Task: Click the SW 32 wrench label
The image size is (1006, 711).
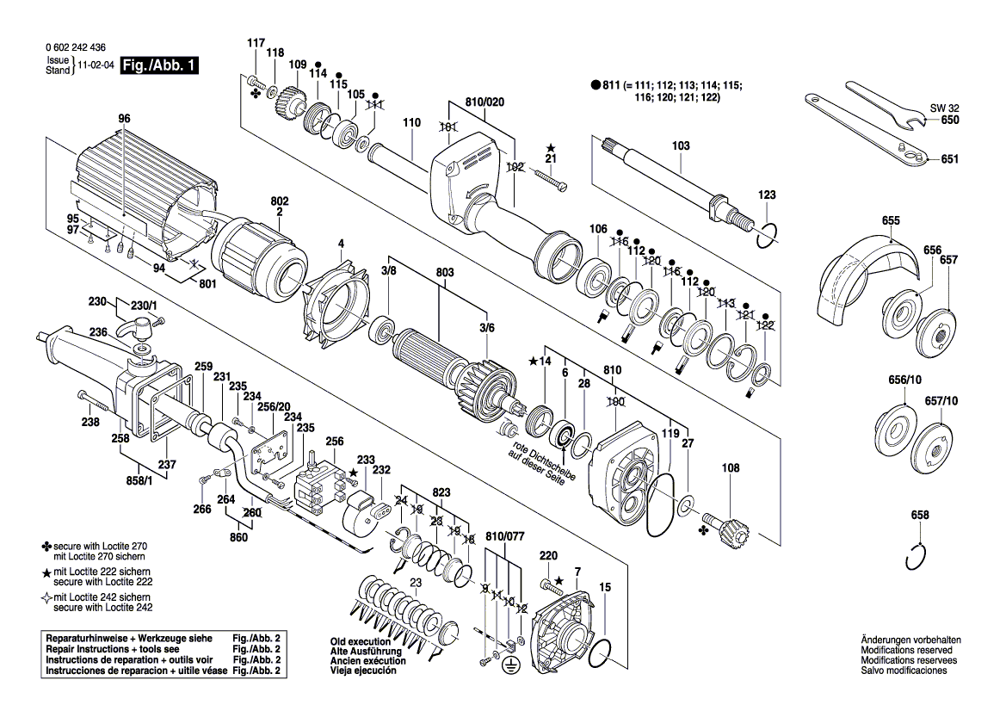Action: [943, 108]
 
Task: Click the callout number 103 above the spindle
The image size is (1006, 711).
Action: [681, 146]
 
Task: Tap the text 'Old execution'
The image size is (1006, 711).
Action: [357, 642]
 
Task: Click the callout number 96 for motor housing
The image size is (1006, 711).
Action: [124, 118]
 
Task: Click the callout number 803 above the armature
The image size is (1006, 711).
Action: [445, 272]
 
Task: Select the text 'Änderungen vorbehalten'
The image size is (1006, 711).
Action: [910, 640]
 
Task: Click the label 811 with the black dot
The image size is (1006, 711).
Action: [612, 85]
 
